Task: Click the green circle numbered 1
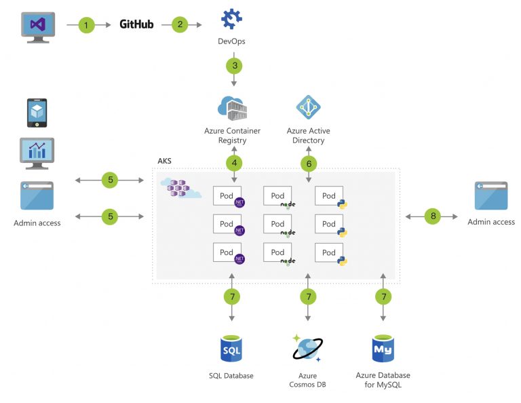tap(85, 25)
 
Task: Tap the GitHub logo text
tap(136, 24)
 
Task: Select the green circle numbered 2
tap(180, 25)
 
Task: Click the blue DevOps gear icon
tap(232, 18)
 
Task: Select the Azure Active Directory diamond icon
tap(309, 107)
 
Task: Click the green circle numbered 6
tap(309, 163)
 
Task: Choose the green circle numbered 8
tap(433, 216)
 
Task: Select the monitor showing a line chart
tap(36, 153)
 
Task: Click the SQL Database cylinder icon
tap(232, 349)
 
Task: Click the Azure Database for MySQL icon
tap(383, 349)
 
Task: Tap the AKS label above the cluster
tap(164, 161)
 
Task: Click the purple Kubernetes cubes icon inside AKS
tap(179, 189)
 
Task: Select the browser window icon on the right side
tap(491, 196)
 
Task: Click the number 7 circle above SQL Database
tap(233, 296)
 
